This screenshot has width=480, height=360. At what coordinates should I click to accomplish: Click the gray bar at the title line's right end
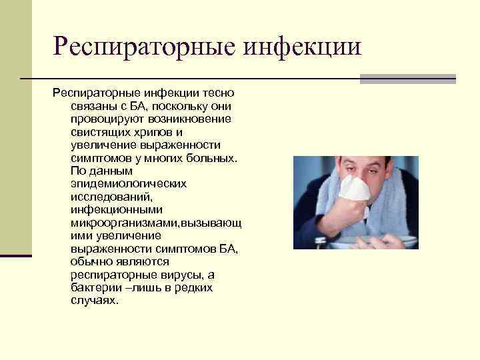pyautogui.click(x=407, y=79)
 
